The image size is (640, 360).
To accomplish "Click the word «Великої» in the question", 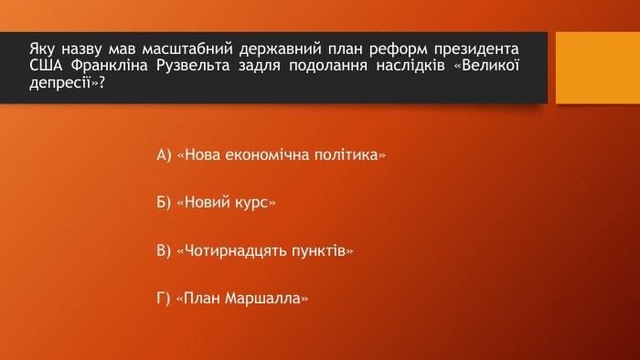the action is (x=486, y=65).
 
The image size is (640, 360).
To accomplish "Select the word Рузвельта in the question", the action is (x=193, y=65).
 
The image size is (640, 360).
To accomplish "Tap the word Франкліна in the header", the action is (x=109, y=65).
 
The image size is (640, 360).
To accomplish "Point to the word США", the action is (x=46, y=65).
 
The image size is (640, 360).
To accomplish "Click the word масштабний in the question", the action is (x=187, y=49).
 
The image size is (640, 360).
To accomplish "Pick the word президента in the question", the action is (x=476, y=49).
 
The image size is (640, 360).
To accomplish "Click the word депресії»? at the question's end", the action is (x=68, y=82).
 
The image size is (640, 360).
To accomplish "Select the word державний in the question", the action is (x=281, y=49).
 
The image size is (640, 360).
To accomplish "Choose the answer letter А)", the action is (x=164, y=155).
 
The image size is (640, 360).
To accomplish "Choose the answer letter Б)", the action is (x=164, y=202).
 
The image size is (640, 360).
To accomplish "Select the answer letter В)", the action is (x=164, y=250).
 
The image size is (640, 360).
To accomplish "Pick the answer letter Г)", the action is (x=164, y=298).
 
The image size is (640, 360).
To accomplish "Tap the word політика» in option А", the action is (x=350, y=155).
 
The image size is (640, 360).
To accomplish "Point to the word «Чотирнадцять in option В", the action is (x=231, y=250).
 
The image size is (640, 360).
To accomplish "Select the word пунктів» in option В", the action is (x=323, y=250).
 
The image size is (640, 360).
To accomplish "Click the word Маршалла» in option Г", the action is (x=267, y=299).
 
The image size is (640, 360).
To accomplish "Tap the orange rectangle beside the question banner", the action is (x=598, y=68).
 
